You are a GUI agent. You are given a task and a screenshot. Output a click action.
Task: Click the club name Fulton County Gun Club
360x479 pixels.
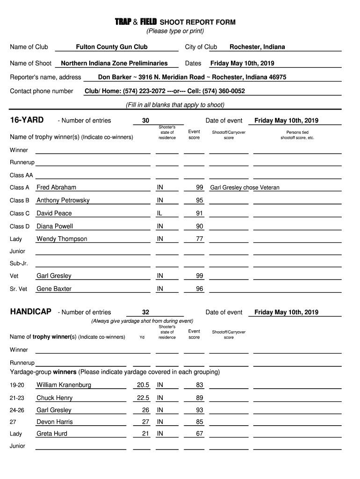point(112,47)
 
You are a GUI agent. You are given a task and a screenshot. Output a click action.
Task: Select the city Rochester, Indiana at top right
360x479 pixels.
point(257,47)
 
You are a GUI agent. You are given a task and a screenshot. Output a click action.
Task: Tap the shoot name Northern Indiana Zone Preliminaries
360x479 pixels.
point(114,63)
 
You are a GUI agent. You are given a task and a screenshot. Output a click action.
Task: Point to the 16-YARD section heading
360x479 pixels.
point(27,120)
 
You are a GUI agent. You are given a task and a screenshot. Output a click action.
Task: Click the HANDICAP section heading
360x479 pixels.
point(31,312)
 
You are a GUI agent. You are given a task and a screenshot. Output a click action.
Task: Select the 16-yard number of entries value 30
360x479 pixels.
point(145,121)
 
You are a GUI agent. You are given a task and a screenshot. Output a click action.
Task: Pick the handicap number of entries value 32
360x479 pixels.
point(145,312)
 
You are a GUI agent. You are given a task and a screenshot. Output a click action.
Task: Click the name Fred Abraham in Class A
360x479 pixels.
point(56,187)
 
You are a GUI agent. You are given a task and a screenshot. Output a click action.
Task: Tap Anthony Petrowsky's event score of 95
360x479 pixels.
point(200,200)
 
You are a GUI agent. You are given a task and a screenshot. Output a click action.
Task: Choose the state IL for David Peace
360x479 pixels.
point(160,213)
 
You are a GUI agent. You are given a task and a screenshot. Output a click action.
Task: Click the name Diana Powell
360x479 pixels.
point(55,226)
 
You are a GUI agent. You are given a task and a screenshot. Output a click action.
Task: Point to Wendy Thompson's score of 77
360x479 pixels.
point(200,239)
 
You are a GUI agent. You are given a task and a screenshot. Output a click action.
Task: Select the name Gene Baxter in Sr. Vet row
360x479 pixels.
point(54,289)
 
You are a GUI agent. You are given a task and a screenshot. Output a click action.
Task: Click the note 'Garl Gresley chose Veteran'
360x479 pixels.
point(245,188)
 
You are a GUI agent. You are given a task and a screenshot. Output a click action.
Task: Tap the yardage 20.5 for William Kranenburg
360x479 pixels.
point(143,385)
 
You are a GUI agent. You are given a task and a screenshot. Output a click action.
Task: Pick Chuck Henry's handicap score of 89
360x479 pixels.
point(200,398)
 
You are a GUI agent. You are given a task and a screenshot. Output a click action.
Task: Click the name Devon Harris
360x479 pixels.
point(55,422)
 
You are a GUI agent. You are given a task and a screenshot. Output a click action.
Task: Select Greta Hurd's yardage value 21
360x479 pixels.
point(145,434)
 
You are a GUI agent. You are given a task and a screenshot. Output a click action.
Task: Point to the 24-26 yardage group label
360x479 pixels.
point(17,410)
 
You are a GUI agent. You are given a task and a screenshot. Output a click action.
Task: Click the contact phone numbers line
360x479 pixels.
point(165,91)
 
